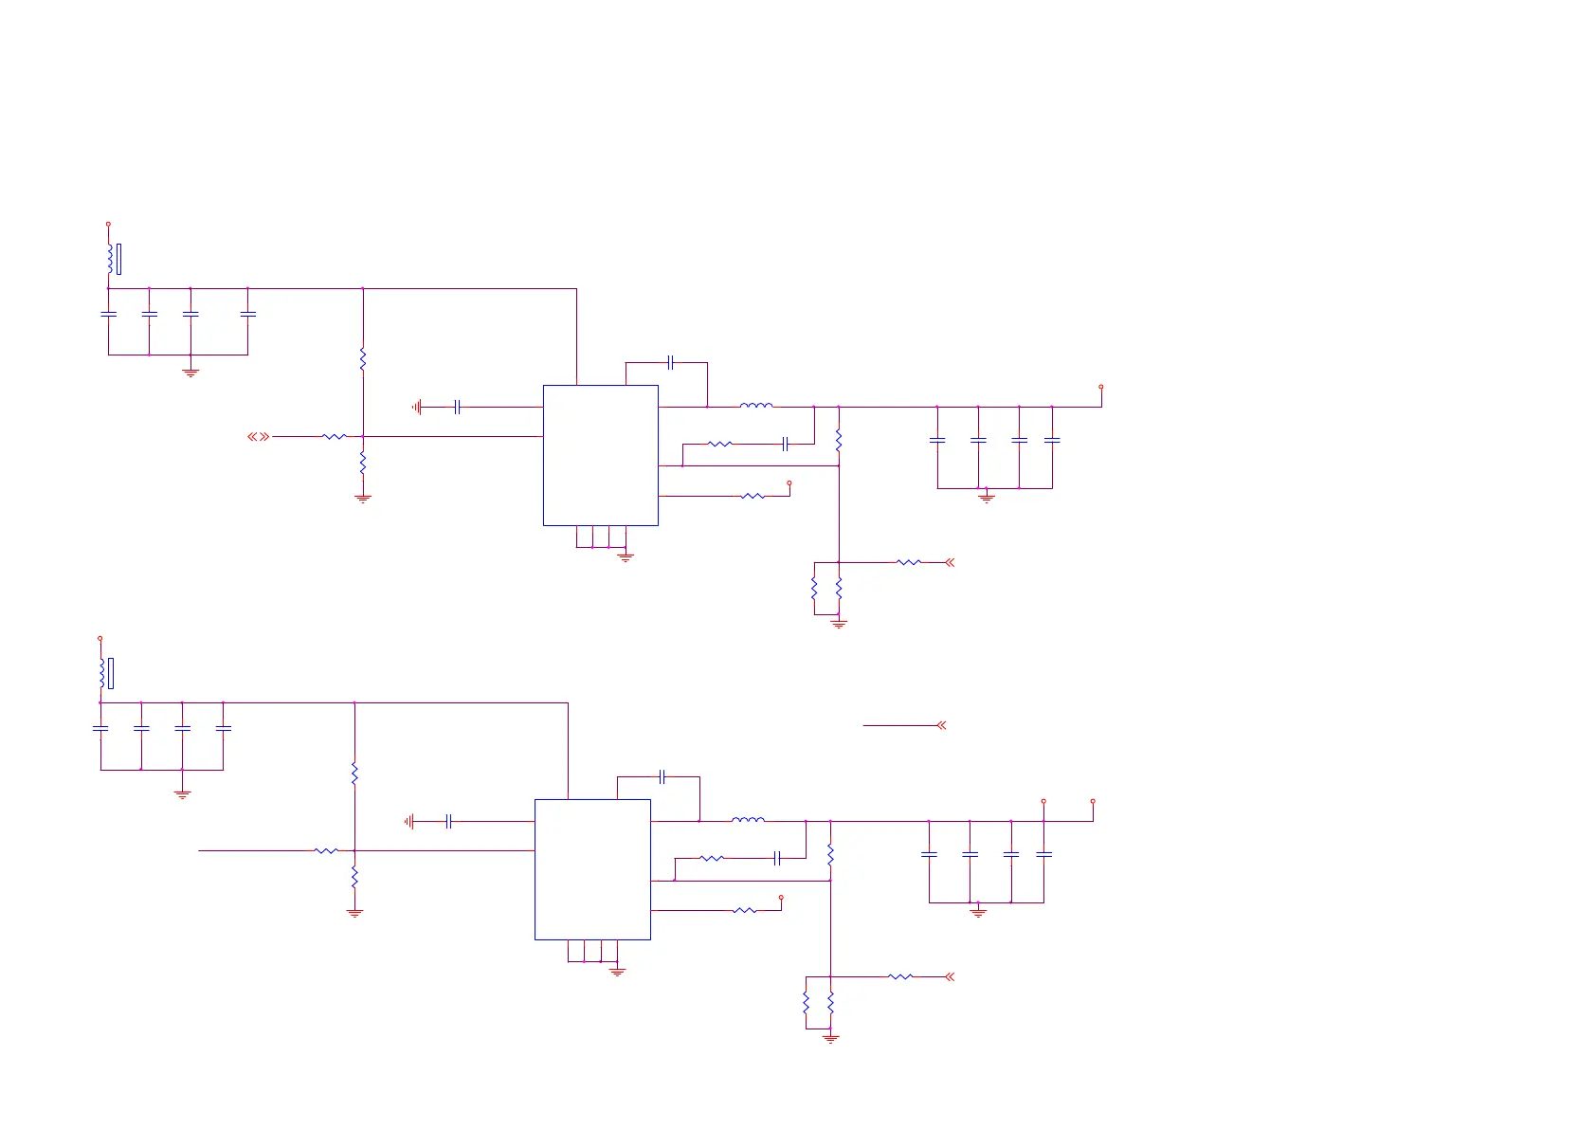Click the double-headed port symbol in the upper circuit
click(258, 437)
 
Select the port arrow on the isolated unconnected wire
click(941, 726)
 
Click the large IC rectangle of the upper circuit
click(600, 455)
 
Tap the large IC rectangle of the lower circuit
click(592, 869)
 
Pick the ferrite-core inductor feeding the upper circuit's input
click(111, 259)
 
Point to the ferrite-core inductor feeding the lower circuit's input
click(102, 673)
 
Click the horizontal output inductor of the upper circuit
click(755, 406)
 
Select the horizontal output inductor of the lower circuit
click(748, 820)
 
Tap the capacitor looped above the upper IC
click(670, 362)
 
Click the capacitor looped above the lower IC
click(662, 777)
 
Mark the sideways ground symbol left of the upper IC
click(416, 408)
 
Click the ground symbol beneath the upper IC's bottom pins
click(626, 556)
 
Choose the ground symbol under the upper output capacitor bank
click(987, 497)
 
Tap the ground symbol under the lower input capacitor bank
click(183, 793)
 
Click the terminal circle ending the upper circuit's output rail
click(1100, 387)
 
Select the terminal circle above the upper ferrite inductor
click(108, 225)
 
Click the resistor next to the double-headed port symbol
click(334, 437)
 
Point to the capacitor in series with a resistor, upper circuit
click(785, 444)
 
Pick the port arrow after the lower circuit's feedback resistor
click(950, 976)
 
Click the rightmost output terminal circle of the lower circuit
click(1093, 801)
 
